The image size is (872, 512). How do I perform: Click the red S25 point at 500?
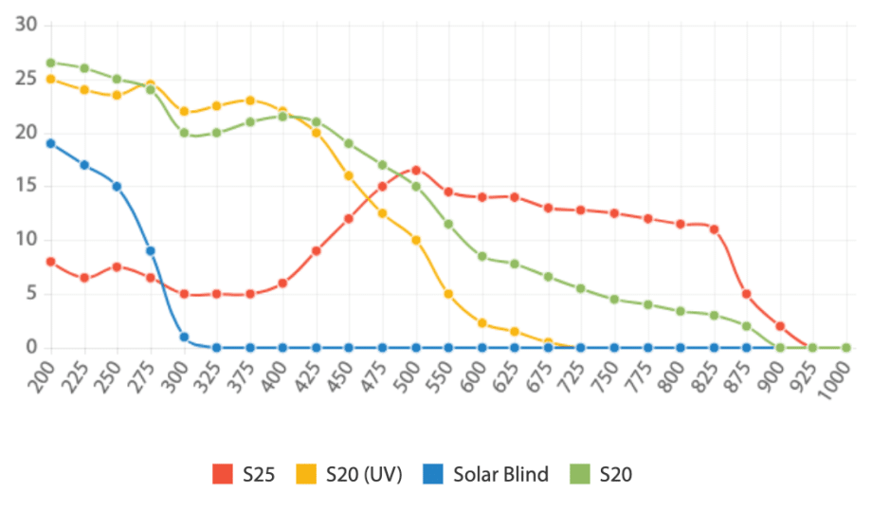pyautogui.click(x=415, y=170)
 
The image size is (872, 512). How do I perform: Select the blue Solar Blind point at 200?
pyautogui.click(x=50, y=143)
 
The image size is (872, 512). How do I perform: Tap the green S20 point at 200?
pyautogui.click(x=50, y=63)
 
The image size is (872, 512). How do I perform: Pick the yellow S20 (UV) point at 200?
pyautogui.click(x=50, y=79)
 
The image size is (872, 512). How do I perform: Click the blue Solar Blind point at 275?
pyautogui.click(x=150, y=251)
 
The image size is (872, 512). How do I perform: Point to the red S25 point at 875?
pyautogui.click(x=747, y=294)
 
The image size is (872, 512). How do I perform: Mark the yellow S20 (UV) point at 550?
pyautogui.click(x=448, y=294)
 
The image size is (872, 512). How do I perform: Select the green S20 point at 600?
pyautogui.click(x=481, y=256)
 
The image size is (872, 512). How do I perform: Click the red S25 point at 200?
pyautogui.click(x=50, y=262)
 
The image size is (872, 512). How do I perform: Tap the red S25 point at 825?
pyautogui.click(x=714, y=229)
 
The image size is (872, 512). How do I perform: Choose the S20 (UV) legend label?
pyautogui.click(x=364, y=474)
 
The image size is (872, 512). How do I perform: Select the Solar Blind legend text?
pyautogui.click(x=500, y=474)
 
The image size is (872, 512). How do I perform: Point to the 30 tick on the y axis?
pyautogui.click(x=27, y=24)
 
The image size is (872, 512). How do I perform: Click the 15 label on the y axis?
pyautogui.click(x=27, y=186)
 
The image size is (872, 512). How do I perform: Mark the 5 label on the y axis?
pyautogui.click(x=31, y=294)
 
